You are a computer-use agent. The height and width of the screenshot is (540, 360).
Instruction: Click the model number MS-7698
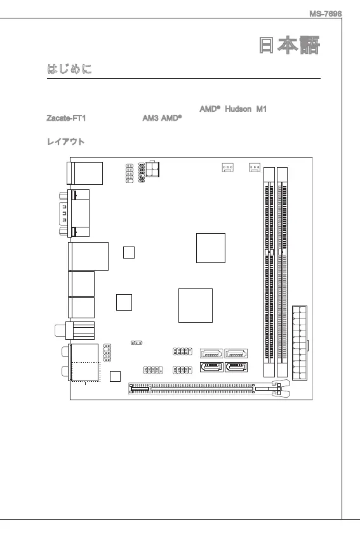coord(325,14)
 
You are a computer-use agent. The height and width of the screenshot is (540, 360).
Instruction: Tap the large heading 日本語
coord(290,45)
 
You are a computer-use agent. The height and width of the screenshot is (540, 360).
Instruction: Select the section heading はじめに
coord(69,69)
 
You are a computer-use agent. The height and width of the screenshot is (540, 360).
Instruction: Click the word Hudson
coord(238,109)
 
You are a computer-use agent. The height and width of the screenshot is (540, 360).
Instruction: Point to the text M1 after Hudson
coord(262,109)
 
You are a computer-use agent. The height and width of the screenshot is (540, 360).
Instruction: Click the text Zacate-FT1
coord(66,118)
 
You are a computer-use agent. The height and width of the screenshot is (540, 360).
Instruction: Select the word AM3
coord(150,118)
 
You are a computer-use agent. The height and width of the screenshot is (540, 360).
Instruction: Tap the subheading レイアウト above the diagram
coord(66,142)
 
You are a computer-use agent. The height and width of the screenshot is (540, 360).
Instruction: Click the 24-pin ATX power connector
coord(300,342)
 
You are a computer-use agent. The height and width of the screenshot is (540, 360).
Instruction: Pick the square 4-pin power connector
coord(152,169)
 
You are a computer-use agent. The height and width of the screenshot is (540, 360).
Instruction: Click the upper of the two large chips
coord(211,248)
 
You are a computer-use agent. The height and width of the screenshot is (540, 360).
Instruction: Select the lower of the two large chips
coord(196,306)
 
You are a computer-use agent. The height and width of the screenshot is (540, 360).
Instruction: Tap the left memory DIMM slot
coord(269,272)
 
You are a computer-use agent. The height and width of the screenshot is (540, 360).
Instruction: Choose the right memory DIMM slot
coord(282,272)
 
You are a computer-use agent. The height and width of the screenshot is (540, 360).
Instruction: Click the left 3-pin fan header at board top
coord(227,168)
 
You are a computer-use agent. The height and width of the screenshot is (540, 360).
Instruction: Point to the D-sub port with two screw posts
coord(74,213)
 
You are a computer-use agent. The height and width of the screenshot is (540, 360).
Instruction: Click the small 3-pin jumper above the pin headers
coord(137,342)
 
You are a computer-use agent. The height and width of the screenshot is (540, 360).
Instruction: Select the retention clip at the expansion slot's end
coord(280,389)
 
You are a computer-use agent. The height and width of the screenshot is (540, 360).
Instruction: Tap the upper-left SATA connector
coord(211,353)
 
